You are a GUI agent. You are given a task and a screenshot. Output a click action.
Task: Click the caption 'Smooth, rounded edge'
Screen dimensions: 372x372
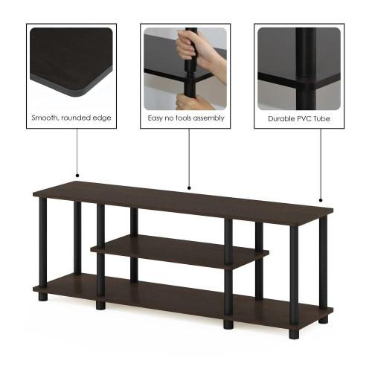click(72, 118)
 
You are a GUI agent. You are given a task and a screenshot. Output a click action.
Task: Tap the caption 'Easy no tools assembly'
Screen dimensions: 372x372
click(186, 118)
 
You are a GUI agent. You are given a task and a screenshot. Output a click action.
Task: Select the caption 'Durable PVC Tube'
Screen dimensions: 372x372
click(299, 118)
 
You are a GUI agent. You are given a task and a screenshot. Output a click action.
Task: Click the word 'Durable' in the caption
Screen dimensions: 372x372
click(281, 118)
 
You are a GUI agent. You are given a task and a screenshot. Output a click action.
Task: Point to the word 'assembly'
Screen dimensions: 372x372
click(208, 118)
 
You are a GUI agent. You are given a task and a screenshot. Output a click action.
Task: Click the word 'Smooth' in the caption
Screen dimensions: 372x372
click(45, 118)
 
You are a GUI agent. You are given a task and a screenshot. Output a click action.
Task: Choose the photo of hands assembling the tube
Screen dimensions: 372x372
click(186, 68)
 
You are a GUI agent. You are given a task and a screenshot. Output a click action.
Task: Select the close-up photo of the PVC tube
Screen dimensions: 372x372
click(299, 68)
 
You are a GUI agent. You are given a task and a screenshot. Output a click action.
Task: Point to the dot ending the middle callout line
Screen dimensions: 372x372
click(189, 188)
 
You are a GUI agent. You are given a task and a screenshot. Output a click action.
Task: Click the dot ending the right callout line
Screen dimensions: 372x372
click(321, 200)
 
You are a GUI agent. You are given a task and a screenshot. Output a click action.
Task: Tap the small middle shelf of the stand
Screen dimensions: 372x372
click(179, 251)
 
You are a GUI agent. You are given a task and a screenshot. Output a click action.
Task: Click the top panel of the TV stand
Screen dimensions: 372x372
click(179, 199)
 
